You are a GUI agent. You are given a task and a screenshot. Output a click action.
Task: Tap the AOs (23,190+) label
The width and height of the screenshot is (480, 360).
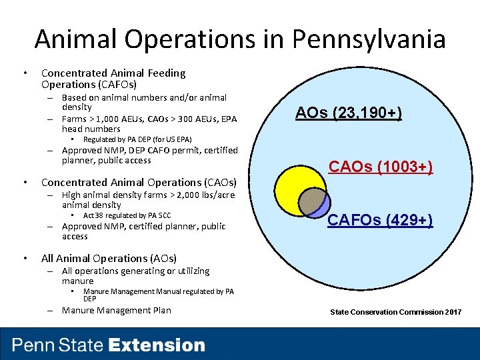[348, 113]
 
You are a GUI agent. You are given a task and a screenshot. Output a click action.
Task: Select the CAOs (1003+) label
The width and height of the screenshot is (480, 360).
[381, 167]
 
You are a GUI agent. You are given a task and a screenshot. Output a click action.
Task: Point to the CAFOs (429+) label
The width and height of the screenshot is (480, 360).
[380, 220]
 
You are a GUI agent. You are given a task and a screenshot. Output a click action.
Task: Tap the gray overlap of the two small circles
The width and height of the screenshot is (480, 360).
[310, 199]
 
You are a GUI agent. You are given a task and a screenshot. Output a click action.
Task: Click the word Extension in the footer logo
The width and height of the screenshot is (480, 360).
[157, 345]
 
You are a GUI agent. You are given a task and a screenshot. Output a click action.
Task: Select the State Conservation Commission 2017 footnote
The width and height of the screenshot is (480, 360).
[396, 312]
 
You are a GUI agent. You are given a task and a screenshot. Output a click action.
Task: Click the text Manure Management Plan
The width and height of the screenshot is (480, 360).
[116, 310]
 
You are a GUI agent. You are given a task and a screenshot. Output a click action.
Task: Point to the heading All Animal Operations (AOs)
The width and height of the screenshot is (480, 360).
[109, 258]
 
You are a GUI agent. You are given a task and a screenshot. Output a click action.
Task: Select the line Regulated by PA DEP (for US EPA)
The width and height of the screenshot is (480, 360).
[137, 139]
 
